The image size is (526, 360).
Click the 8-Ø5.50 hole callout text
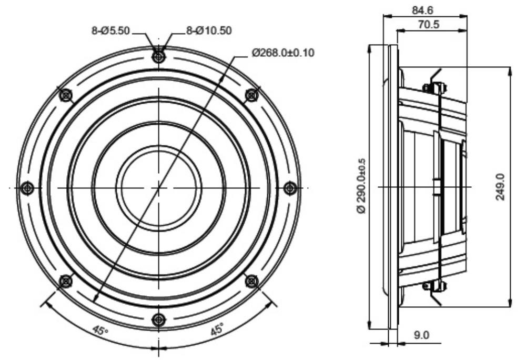pyautogui.click(x=110, y=31)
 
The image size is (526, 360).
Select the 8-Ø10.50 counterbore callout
pyautogui.click(x=209, y=31)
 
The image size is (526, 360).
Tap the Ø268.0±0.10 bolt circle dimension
pyautogui.click(x=284, y=53)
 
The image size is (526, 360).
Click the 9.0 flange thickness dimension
pyautogui.click(x=421, y=335)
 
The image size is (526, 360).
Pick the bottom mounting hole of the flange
pyautogui.click(x=159, y=319)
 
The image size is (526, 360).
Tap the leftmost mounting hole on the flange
pyautogui.click(x=27, y=187)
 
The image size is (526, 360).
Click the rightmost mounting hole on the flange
pyautogui.click(x=290, y=188)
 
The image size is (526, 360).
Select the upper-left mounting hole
pyautogui.click(x=65, y=95)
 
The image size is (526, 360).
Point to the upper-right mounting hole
pyautogui.click(x=251, y=95)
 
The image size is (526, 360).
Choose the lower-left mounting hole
pyautogui.click(x=66, y=281)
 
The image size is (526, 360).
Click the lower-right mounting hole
pyautogui.click(x=251, y=281)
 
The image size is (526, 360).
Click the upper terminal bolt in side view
pyautogui.click(x=435, y=88)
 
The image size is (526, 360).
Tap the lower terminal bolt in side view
pyautogui.click(x=435, y=286)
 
